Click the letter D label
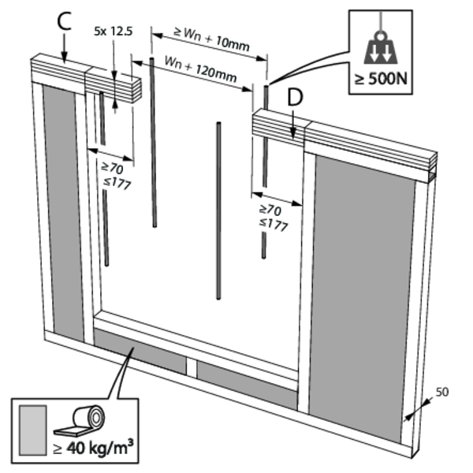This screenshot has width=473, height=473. click(294, 98)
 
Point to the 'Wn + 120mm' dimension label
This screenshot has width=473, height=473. click(202, 67)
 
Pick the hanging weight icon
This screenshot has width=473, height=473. click(380, 46)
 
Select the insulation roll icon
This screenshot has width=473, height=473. click(84, 421)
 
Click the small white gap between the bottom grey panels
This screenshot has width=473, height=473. click(190, 366)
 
